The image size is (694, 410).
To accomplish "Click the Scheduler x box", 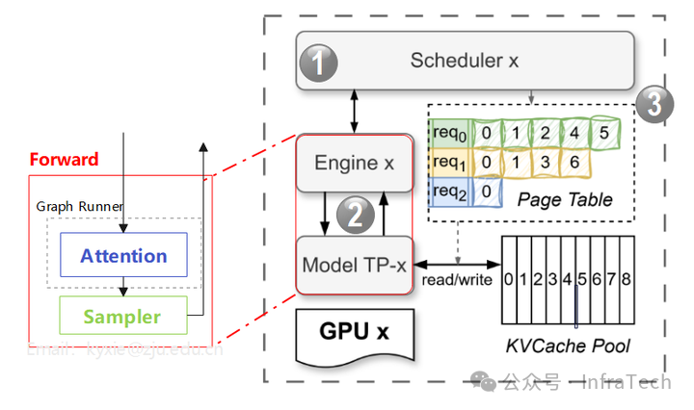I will click(465, 61).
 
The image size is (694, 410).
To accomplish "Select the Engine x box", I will click(355, 163).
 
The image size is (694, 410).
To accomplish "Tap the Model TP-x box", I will click(355, 265).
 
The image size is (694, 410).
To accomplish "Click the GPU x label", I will click(354, 333).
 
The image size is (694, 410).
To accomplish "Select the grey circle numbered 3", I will click(654, 103).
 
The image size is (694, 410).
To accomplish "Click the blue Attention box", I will click(123, 256).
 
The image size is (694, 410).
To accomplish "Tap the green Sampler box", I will click(121, 317).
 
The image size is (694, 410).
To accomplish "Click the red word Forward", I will click(64, 159).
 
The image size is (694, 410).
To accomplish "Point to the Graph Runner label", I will click(80, 206).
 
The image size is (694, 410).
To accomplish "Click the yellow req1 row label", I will click(448, 162).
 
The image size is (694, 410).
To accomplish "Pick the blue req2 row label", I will click(448, 192).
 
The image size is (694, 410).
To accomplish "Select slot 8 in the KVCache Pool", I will click(626, 280).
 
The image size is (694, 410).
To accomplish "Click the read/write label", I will click(457, 279).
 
